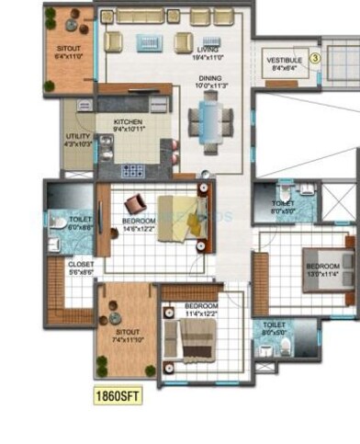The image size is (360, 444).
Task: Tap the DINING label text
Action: coord(210,84)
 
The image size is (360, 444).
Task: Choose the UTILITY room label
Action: coord(76,141)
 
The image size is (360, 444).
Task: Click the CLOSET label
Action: coord(81,269)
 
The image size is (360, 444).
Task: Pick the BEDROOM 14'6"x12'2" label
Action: coord(139,225)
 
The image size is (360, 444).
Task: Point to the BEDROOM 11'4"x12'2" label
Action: coord(201,310)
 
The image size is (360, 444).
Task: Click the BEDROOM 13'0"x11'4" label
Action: coord(323,270)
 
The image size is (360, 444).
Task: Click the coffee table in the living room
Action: coord(150,42)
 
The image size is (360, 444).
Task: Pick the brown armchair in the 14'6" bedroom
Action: coord(135,203)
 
